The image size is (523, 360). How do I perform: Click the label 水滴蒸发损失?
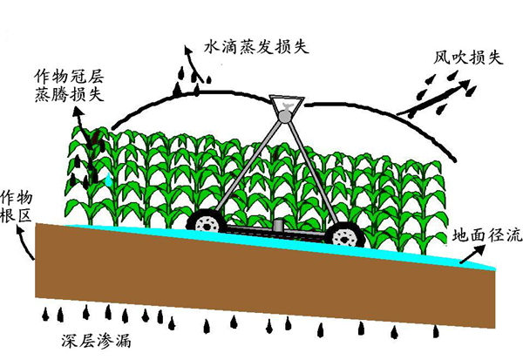[256, 47]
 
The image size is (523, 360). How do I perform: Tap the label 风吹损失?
[467, 58]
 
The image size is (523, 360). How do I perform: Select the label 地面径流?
[487, 235]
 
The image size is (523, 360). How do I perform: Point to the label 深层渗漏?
[96, 342]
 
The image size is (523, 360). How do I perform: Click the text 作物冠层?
[69, 77]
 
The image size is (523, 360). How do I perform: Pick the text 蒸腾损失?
[69, 94]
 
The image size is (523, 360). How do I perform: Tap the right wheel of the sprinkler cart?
[345, 236]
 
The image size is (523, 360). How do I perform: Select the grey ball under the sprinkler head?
[286, 116]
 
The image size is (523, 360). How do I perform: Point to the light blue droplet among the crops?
[109, 180]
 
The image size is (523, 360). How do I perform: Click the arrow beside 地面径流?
[472, 254]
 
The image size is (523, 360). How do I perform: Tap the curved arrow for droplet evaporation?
[194, 64]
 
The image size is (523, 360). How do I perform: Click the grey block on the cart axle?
[278, 225]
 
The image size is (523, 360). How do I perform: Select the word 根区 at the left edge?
[16, 215]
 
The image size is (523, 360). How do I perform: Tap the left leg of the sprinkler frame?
[248, 166]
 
